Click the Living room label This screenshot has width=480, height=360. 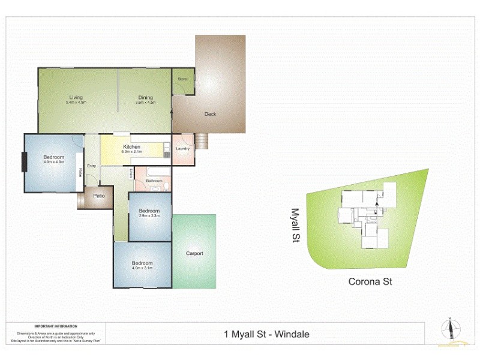click(76, 98)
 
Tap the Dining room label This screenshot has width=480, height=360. click(145, 98)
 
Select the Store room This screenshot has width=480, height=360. click(182, 79)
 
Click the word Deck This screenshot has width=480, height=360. click(210, 114)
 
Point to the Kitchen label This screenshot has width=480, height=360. click(131, 147)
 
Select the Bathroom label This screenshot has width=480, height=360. click(154, 180)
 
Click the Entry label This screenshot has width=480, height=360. click(91, 166)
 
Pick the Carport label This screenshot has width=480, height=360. click(194, 253)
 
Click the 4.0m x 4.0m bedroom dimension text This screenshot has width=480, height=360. click(53, 162)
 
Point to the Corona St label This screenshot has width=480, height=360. click(370, 281)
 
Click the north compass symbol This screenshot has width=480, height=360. click(449, 329)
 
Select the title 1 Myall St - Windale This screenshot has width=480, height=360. click(266, 334)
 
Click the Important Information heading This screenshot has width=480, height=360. click(56, 327)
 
